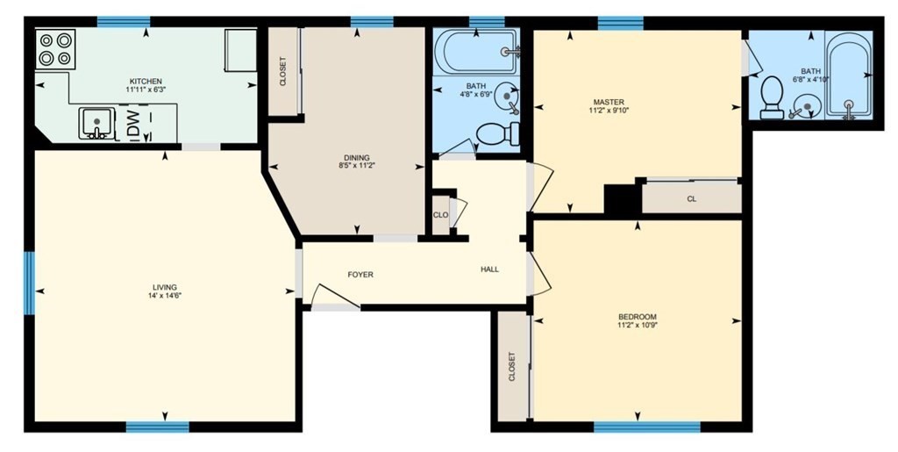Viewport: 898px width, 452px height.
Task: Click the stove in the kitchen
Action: coord(55,49)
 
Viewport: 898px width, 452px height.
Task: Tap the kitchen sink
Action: coord(96,123)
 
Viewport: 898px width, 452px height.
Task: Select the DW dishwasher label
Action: coord(133,120)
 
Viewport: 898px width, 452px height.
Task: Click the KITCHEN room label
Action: coord(146,82)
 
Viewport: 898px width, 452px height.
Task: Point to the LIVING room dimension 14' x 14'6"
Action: coord(165,296)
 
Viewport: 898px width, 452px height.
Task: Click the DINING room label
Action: coord(357,157)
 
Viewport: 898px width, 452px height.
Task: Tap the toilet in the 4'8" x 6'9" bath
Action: coord(497,134)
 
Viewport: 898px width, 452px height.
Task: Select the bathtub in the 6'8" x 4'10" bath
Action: coord(849,75)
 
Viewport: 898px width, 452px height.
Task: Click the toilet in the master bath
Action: coord(772,97)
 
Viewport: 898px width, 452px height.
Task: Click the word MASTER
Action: coord(609,103)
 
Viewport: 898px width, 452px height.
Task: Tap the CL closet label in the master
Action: coord(691,199)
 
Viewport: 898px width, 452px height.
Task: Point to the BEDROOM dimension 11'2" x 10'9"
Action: coord(638,325)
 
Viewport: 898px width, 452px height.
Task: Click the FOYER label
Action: coord(360,275)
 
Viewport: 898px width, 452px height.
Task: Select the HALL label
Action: coord(489,269)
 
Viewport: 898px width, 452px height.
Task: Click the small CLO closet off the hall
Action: coord(440,215)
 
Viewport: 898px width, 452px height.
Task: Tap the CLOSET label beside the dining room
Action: coord(283,71)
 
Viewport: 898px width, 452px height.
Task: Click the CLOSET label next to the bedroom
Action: coord(511,367)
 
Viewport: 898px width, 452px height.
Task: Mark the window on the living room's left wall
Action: coord(29,283)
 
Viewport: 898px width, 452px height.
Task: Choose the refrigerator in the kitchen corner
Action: coord(240,50)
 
